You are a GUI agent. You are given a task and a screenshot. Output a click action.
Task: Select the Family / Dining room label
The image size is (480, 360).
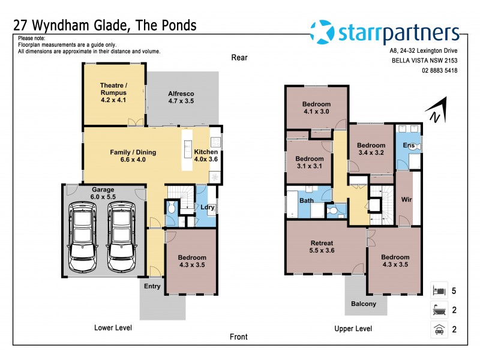coord(133,156)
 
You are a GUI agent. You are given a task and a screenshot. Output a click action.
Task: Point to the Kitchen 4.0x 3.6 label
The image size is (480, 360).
coord(206,156)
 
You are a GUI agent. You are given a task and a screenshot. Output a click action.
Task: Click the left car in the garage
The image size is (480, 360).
coord(83,235)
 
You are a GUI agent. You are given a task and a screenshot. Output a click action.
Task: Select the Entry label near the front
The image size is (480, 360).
coord(152,286)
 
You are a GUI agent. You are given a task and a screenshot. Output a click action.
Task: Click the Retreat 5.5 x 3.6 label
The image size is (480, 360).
coord(322,247)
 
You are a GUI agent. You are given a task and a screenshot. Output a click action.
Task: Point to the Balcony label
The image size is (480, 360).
coord(364,304)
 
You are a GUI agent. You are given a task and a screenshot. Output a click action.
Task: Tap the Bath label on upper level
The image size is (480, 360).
coord(306,200)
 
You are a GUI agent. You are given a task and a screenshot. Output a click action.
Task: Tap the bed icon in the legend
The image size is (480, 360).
coord(439,290)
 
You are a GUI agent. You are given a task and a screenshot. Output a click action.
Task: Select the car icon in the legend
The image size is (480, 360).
coord(439,329)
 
